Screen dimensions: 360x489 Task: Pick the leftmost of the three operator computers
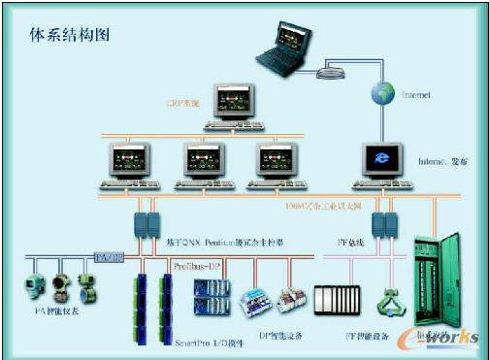(x=127, y=161)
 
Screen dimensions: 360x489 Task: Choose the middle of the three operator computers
(x=199, y=161)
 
